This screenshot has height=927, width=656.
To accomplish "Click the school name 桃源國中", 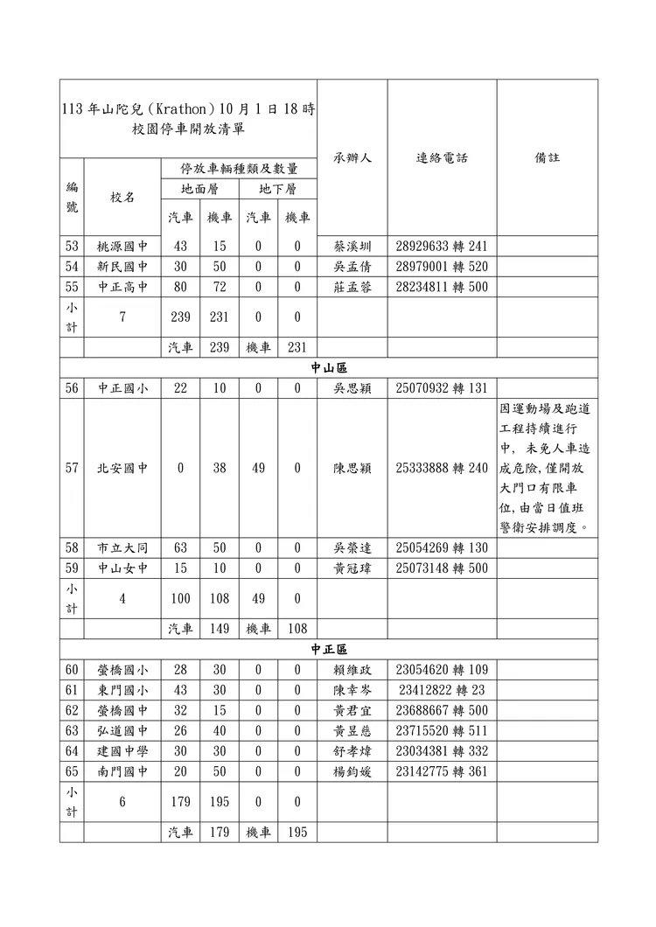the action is pyautogui.click(x=122, y=247).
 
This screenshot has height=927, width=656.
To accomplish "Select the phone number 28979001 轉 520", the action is pyautogui.click(x=442, y=267).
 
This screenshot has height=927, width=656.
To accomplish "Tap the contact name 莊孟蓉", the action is pyautogui.click(x=352, y=287).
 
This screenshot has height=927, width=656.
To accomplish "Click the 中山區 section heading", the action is pyautogui.click(x=329, y=368).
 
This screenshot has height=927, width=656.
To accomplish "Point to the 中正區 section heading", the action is pyautogui.click(x=329, y=650).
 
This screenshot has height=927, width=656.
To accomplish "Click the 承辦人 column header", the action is pyautogui.click(x=352, y=158).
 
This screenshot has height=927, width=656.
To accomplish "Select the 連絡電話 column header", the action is pyautogui.click(x=442, y=158).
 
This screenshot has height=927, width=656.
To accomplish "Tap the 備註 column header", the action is pyautogui.click(x=548, y=158).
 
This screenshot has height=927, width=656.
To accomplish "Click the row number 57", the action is pyautogui.click(x=72, y=468).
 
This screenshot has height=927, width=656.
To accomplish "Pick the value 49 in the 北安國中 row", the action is pyautogui.click(x=258, y=468).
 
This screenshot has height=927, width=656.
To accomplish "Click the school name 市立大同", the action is pyautogui.click(x=122, y=548).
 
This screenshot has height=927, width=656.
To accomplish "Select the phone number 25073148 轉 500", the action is pyautogui.click(x=442, y=568).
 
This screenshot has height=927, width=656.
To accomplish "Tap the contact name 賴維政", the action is pyautogui.click(x=352, y=671).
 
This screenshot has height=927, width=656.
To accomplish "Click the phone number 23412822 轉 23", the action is pyautogui.click(x=442, y=691).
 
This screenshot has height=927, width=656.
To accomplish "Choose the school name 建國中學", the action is pyautogui.click(x=122, y=751).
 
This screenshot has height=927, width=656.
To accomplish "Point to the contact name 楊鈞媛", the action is pyautogui.click(x=352, y=771).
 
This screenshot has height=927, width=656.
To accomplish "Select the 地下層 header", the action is pyautogui.click(x=277, y=189).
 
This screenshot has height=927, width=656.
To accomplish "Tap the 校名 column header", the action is pyautogui.click(x=122, y=198).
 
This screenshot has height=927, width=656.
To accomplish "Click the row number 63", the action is pyautogui.click(x=72, y=731).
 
